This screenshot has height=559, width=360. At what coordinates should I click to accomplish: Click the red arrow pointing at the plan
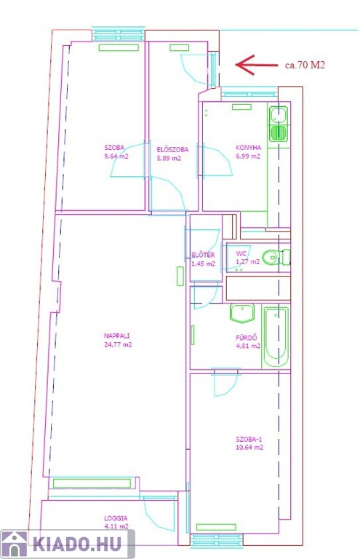click(257, 65)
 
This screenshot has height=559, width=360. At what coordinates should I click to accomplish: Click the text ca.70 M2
click(305, 65)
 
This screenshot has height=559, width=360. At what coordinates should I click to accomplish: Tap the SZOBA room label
click(114, 147)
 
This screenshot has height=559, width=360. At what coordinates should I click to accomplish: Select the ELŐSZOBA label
click(172, 150)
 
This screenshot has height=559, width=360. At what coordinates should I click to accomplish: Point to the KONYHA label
click(249, 147)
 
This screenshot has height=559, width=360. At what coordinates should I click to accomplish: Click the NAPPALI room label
click(117, 336)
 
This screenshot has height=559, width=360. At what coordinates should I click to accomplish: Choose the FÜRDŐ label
click(246, 337)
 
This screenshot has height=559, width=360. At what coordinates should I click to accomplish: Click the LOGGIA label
click(116, 518)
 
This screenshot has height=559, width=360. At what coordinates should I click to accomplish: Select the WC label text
click(241, 253)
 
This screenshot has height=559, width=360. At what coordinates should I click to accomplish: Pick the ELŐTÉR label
click(203, 255)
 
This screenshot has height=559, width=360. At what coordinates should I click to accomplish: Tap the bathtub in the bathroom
click(276, 336)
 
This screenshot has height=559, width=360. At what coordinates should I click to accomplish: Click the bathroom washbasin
click(242, 313)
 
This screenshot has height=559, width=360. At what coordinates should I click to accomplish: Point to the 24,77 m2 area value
click(118, 344)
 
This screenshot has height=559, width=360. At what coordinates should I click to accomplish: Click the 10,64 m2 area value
click(249, 448)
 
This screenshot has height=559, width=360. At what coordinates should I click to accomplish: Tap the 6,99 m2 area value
click(248, 156)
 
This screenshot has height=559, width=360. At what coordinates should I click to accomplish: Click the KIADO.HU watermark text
click(77, 544)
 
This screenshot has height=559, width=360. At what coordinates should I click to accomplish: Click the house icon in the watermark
click(15, 544)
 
